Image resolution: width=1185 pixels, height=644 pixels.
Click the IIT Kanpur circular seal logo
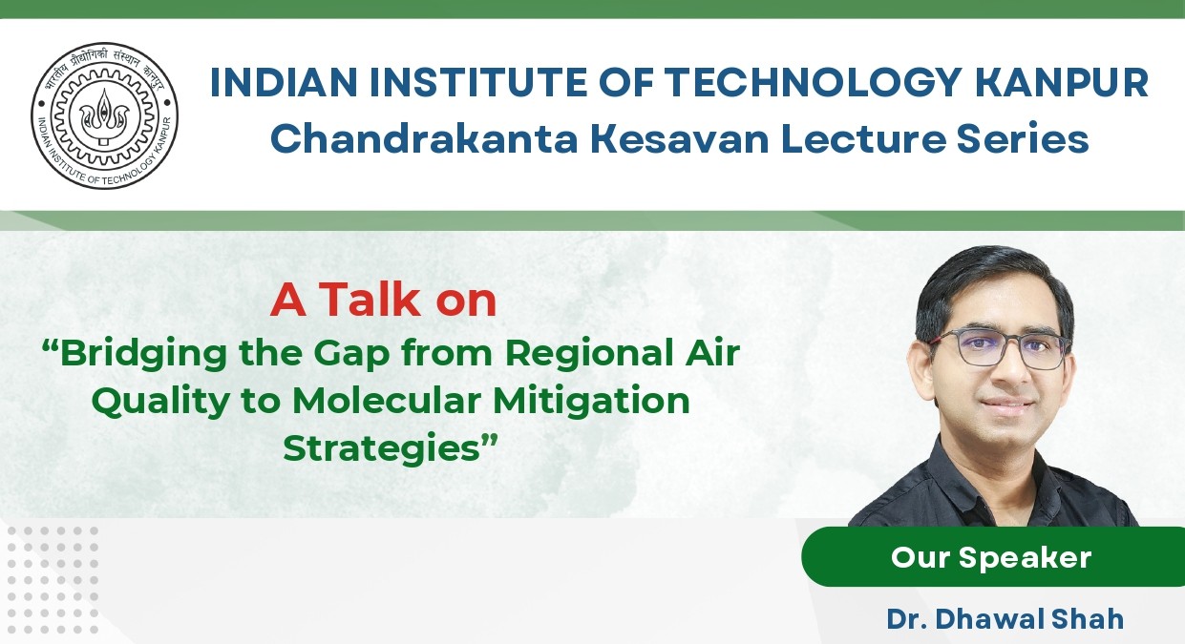[x=104, y=115]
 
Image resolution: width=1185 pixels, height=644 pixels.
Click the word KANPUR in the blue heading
[x=1062, y=82]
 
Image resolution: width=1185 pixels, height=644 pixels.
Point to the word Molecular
[x=387, y=401]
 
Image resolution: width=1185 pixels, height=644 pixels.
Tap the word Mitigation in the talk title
[x=592, y=402]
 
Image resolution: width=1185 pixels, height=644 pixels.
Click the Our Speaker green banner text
[x=991, y=557]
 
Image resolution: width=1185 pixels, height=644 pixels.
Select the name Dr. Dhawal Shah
[x=1005, y=619]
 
